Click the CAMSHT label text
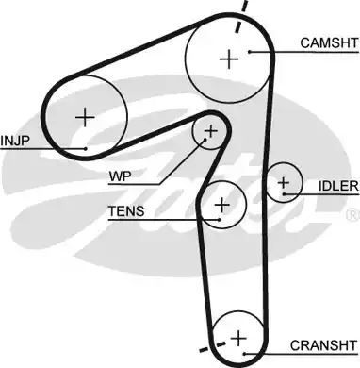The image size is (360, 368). point(329,42)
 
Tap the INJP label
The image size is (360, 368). point(14,141)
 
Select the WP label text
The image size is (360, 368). point(120,176)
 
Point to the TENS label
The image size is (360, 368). point(126,211)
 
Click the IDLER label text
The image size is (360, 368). point(338,186)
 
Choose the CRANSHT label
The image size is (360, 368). point(324,345)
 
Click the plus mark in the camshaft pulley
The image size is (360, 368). point(229,59)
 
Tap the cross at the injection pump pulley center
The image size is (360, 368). point(85,117)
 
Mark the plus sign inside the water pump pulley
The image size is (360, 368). point(211,130)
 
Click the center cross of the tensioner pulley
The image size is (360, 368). point(222,205)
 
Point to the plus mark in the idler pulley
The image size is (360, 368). point(284,182)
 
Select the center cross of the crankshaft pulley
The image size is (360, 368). point(238,339)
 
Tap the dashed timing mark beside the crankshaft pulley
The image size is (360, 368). point(213,346)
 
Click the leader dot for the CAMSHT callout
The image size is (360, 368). point(250,52)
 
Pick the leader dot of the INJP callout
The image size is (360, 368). point(86,149)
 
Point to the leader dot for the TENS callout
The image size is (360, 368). point(220,220)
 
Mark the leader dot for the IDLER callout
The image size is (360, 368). point(284,194)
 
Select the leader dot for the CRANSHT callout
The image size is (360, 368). point(244,354)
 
